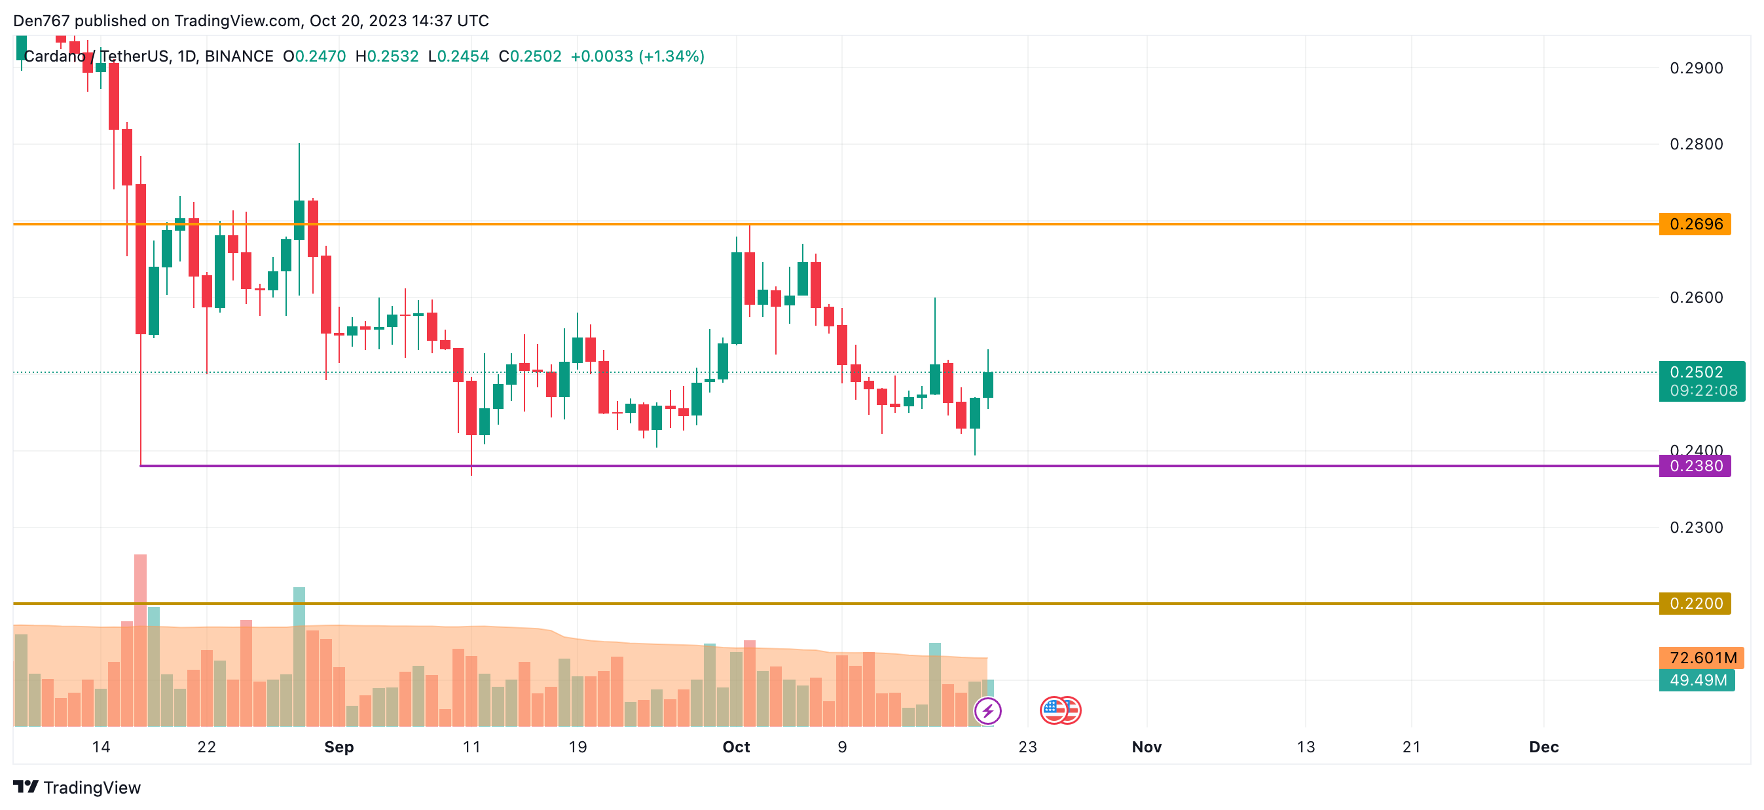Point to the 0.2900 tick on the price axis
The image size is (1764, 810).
pos(1695,68)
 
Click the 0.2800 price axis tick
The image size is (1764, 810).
pos(1695,144)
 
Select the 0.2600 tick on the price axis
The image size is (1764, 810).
pos(1695,298)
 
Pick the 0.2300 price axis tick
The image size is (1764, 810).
pos(1695,527)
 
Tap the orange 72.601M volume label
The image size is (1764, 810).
pos(1701,658)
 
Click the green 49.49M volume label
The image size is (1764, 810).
pos(1697,680)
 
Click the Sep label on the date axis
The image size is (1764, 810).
pos(339,746)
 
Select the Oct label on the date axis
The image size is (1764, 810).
pos(736,746)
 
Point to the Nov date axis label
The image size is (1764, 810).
pos(1147,746)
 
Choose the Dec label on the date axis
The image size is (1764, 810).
pos(1543,746)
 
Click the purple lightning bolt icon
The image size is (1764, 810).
pos(987,710)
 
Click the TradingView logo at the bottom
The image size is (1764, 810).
pos(77,787)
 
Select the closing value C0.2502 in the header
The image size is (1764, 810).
pos(530,56)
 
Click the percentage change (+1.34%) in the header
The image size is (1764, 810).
pos(671,56)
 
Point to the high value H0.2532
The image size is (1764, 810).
pos(387,56)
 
